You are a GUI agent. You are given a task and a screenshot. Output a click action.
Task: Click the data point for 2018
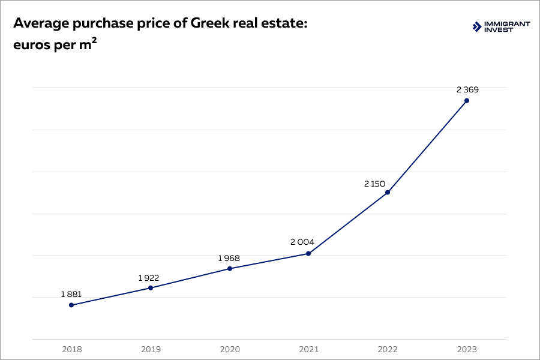click(71, 305)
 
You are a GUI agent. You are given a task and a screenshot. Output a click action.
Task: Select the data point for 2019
click(151, 288)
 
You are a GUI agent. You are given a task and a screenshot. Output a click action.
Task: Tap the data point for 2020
click(230, 268)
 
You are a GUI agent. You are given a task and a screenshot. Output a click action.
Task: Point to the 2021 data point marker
click(308, 253)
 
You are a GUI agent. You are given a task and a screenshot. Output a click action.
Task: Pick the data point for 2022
click(388, 192)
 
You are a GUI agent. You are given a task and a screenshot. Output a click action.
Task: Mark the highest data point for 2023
click(467, 100)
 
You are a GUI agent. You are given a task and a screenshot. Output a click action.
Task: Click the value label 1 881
click(71, 294)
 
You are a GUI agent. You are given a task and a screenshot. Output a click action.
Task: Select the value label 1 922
click(149, 278)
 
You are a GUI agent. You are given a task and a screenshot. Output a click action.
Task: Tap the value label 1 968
click(229, 258)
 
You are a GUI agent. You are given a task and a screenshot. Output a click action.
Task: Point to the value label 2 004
click(302, 242)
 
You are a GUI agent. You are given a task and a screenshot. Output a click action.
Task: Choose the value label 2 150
click(374, 184)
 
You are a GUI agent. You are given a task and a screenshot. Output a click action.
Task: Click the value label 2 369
click(467, 89)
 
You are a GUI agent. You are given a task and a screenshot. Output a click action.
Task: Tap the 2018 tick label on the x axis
click(71, 349)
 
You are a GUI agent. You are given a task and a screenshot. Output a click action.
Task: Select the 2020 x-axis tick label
click(230, 349)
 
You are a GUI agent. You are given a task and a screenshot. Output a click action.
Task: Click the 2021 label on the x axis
click(308, 349)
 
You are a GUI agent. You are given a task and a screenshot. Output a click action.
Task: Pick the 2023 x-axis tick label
click(467, 349)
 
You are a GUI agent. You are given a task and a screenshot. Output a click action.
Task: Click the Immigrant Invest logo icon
click(477, 26)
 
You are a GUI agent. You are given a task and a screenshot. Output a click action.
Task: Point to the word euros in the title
click(31, 46)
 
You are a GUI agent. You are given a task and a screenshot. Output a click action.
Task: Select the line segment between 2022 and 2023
click(427, 146)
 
